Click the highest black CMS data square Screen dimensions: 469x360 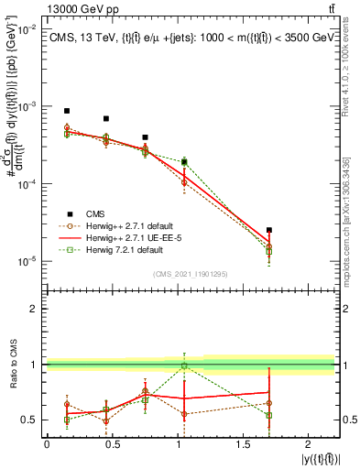tap(67, 111)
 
